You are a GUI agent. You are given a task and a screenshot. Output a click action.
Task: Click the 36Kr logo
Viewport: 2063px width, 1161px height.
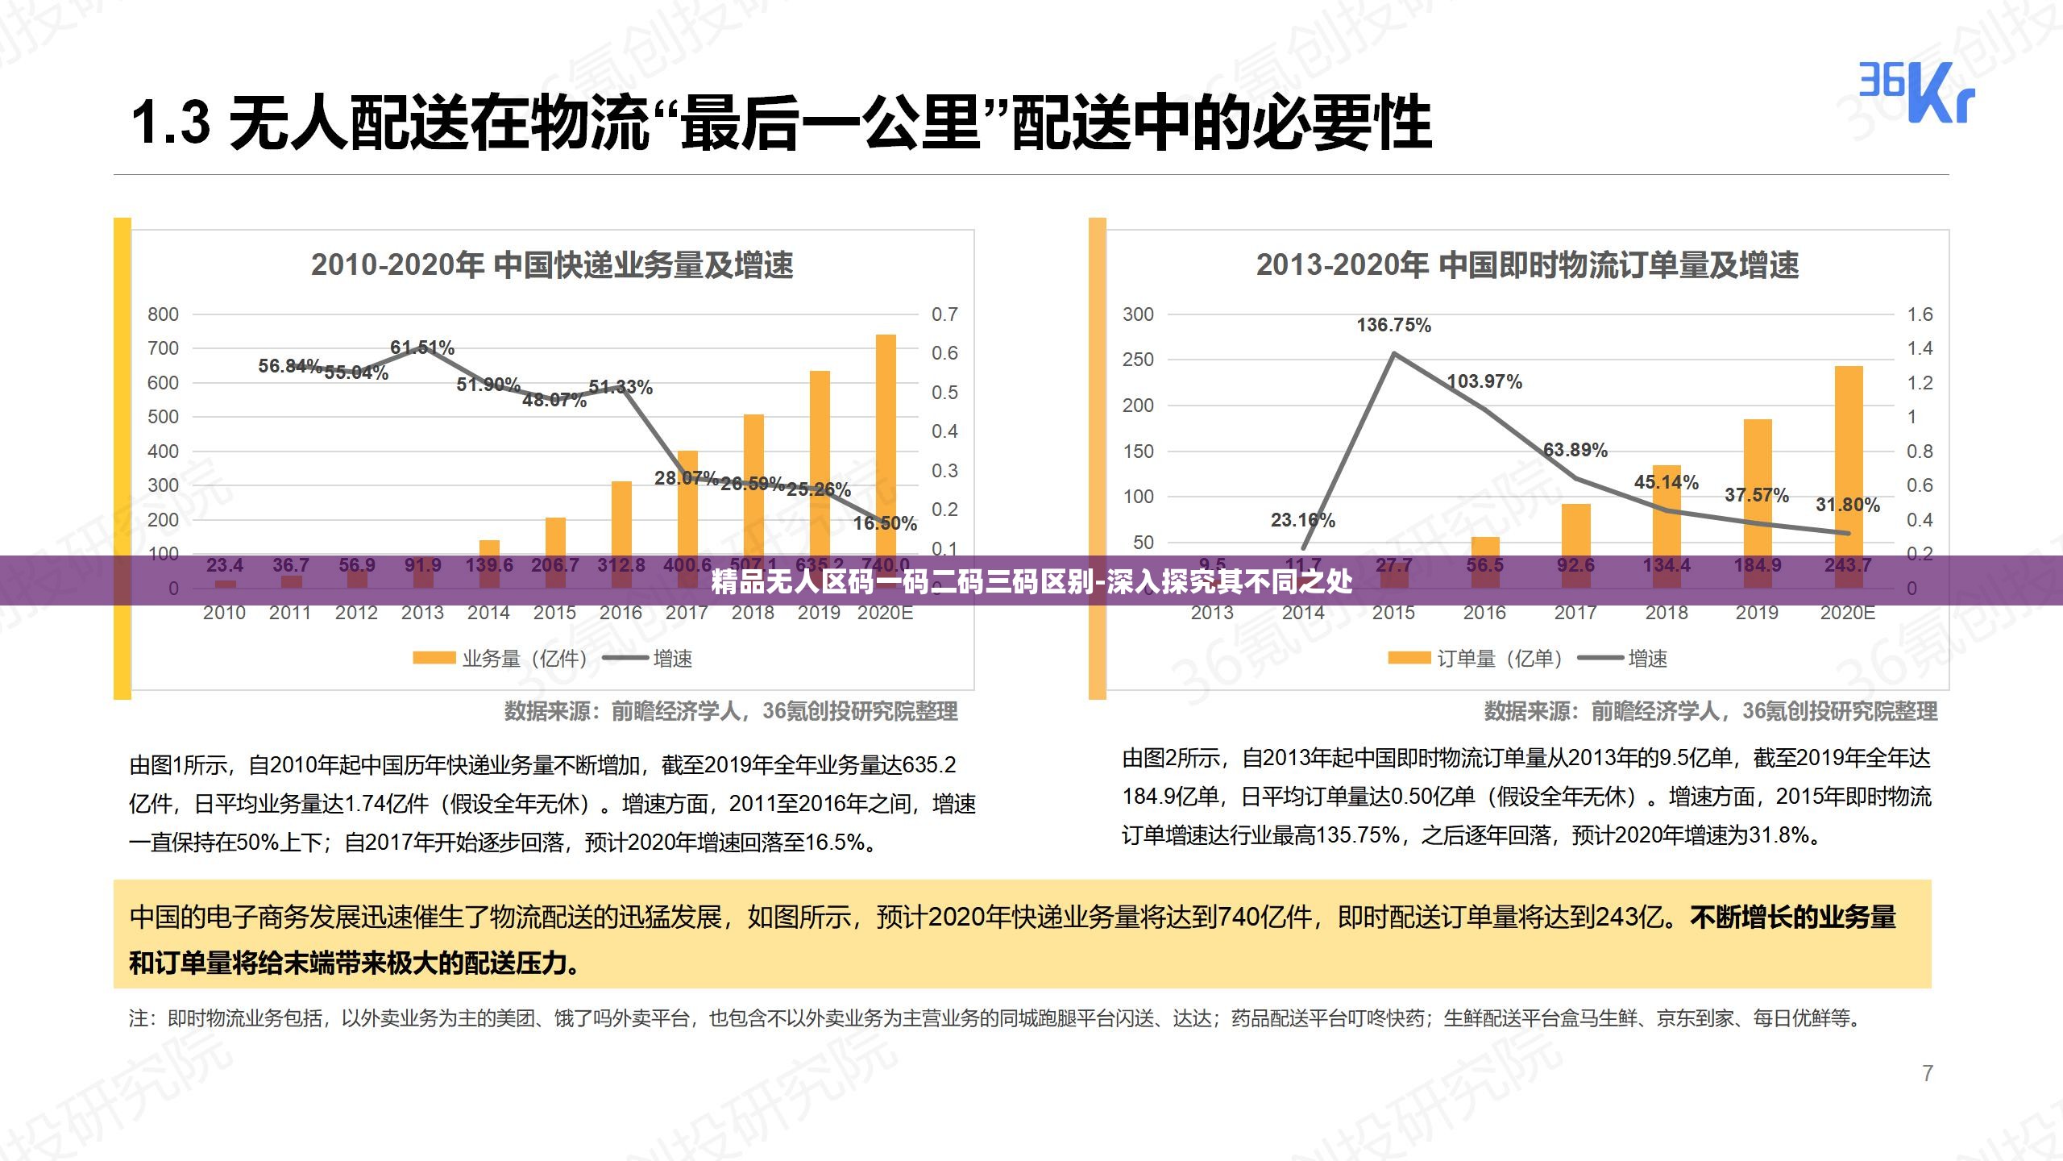[x=1916, y=93]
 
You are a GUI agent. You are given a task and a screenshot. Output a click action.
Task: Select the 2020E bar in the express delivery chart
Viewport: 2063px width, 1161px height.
[x=886, y=443]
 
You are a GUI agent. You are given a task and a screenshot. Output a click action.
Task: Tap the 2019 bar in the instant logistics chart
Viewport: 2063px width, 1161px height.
[x=1758, y=484]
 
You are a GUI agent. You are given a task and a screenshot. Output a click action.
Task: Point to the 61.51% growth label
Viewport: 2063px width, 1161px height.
[x=422, y=347]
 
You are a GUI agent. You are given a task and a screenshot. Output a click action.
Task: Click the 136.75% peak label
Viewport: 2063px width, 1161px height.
[x=1393, y=325]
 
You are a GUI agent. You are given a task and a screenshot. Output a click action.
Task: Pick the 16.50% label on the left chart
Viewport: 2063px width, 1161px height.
[x=885, y=523]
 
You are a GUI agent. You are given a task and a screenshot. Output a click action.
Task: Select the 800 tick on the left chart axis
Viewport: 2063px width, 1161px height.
[x=163, y=314]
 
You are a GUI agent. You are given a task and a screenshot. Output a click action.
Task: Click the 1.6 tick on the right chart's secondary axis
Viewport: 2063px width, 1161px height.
[x=1920, y=314]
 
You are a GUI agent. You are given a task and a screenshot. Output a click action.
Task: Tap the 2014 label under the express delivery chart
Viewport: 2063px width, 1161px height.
[x=488, y=613]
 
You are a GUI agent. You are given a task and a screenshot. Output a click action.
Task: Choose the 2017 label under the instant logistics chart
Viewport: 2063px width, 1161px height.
[x=1575, y=613]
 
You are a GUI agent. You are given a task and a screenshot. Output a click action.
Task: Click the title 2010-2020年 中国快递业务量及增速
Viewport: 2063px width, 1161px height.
[x=552, y=264]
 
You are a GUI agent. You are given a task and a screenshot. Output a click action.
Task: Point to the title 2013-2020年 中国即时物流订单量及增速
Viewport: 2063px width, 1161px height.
[x=1527, y=264]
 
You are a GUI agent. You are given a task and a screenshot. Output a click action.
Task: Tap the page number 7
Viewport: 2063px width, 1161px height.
[x=1928, y=1073]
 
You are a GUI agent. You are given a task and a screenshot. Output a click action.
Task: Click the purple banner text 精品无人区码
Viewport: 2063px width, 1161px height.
[x=1031, y=581]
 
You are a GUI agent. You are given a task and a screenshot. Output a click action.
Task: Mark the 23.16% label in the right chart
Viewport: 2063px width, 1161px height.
[x=1302, y=520]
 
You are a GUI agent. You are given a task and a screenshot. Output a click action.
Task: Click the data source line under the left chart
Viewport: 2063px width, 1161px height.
[x=730, y=711]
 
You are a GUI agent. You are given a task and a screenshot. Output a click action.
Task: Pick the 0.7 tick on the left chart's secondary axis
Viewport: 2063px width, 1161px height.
[x=944, y=314]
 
